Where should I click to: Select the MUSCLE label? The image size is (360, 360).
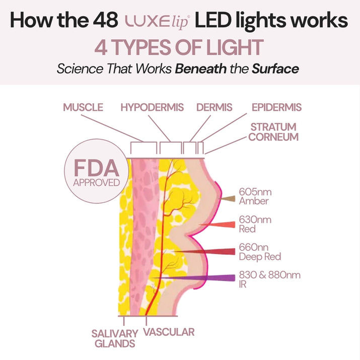click(83, 107)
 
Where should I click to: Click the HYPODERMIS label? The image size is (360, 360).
click(152, 107)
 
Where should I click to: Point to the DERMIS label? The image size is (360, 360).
click(214, 107)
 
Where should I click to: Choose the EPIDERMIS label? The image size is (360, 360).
click(276, 107)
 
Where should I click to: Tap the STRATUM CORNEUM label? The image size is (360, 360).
click(273, 131)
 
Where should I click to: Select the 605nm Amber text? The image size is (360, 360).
click(254, 196)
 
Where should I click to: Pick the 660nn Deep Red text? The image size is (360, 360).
click(260, 252)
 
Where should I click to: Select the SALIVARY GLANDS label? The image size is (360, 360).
click(114, 338)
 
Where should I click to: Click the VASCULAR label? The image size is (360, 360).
click(169, 332)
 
